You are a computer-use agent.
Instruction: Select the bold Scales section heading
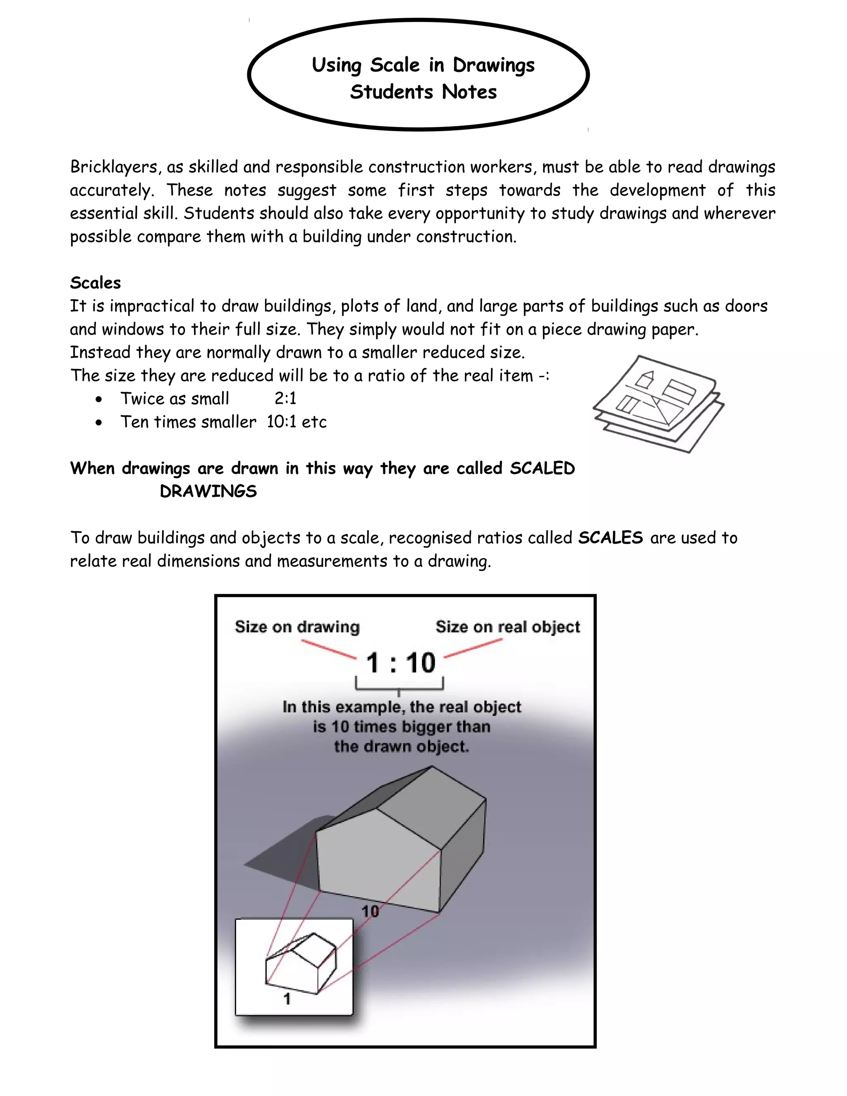click(96, 283)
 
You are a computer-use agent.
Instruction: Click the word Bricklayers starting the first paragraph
click(115, 167)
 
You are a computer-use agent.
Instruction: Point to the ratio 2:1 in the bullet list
click(285, 398)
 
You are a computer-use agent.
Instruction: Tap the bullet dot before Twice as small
click(99, 400)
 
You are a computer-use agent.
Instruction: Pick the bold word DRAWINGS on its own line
click(208, 491)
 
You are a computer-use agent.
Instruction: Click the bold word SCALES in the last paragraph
click(610, 538)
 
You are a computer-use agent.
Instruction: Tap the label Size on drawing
click(297, 627)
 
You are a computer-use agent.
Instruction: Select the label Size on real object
click(507, 627)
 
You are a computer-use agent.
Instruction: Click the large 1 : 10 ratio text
click(400, 663)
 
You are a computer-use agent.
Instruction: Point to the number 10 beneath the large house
click(370, 911)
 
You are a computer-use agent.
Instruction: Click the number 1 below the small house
click(287, 999)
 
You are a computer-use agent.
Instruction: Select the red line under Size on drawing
click(329, 649)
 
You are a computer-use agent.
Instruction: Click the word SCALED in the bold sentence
click(542, 468)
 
